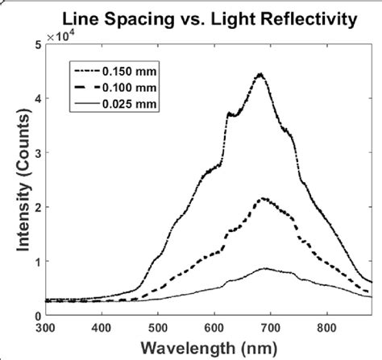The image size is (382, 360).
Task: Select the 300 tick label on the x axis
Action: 46,329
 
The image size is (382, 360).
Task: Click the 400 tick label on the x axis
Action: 102,329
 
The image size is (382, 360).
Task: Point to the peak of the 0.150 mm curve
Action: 260,74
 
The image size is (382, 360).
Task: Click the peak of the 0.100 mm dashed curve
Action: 263,198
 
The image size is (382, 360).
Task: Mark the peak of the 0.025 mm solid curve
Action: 264,269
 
